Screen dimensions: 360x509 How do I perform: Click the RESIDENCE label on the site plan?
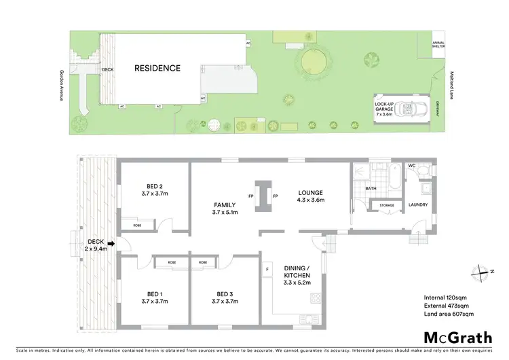point(157,68)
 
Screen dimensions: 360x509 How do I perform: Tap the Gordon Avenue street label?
point(62,85)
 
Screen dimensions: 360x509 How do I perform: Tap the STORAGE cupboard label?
point(387,204)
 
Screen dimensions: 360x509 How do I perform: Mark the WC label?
point(412,166)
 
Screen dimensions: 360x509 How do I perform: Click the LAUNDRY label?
point(418,206)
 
